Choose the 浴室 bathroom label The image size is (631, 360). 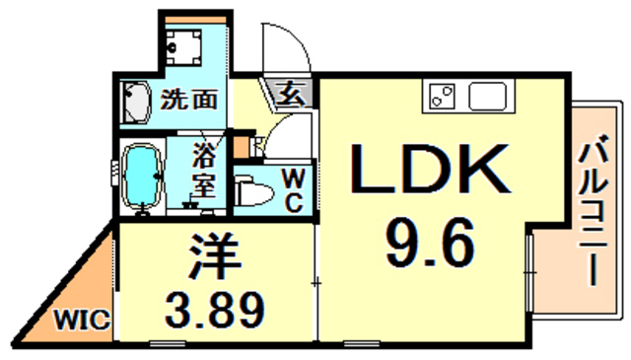pyautogui.click(x=204, y=170)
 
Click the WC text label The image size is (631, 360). pyautogui.click(x=294, y=188)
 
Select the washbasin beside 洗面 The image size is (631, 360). pyautogui.click(x=137, y=103)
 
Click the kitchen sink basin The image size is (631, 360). pyautogui.click(x=487, y=97)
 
